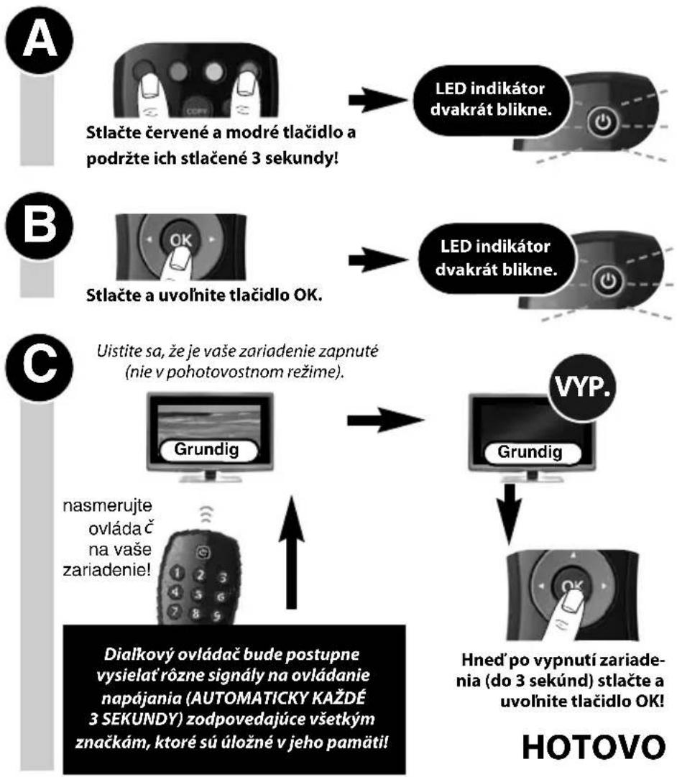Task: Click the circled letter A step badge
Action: tap(39, 40)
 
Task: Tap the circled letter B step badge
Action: tap(39, 225)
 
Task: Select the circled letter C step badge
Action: tap(39, 367)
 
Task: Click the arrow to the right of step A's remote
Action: tap(377, 100)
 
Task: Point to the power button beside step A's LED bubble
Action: tap(603, 122)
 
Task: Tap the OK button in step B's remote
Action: tap(181, 240)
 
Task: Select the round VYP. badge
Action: tap(582, 387)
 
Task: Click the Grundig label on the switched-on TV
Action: tap(207, 450)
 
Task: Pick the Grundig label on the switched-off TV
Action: tap(530, 452)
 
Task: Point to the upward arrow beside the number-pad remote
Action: tap(291, 553)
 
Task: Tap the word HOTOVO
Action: tap(594, 748)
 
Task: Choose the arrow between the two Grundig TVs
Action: tap(384, 420)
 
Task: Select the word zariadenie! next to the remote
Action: tap(106, 571)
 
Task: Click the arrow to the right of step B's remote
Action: tap(377, 259)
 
